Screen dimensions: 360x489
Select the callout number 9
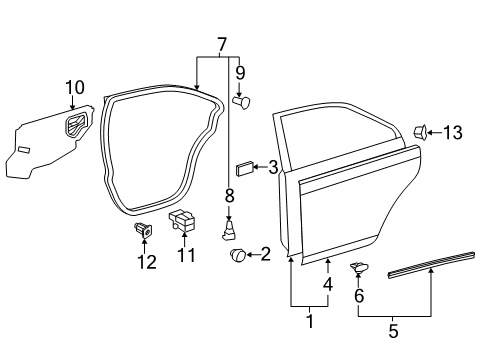tap(240, 72)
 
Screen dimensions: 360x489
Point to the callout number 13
tap(454, 130)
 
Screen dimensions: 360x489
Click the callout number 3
tap(273, 167)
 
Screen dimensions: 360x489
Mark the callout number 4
tap(328, 284)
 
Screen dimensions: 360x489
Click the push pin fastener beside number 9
tap(241, 100)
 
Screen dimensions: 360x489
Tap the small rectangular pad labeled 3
tap(244, 167)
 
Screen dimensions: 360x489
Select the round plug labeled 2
tap(238, 256)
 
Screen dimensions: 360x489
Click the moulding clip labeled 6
tap(360, 268)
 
